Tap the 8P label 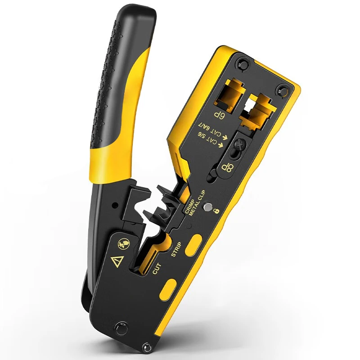(227, 168)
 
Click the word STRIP (176, 250)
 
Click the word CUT (157, 269)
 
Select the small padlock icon (216, 211)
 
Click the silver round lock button (208, 207)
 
